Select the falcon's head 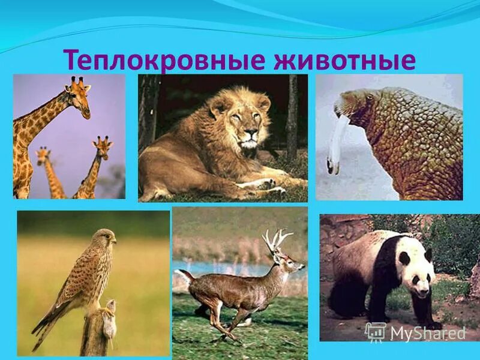coord(106,238)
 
